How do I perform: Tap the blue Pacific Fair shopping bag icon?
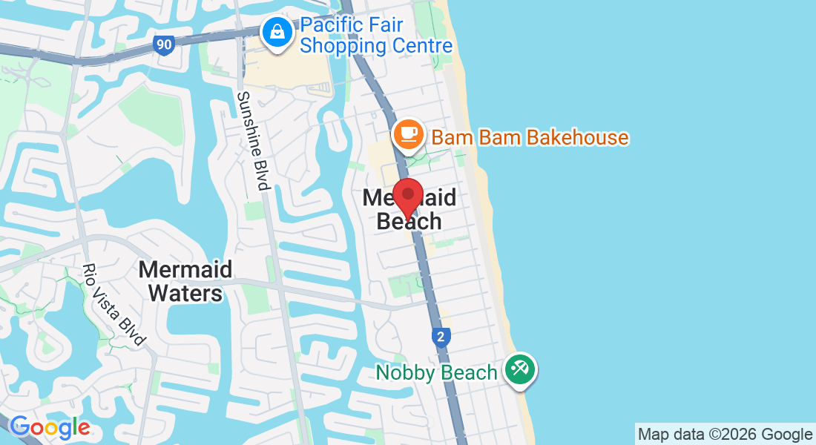(x=277, y=33)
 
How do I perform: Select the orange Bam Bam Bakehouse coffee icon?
(x=407, y=134)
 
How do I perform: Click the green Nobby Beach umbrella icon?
(x=520, y=369)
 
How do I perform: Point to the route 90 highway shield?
(x=164, y=44)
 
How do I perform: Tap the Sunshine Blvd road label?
(x=251, y=140)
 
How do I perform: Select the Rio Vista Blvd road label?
(x=112, y=304)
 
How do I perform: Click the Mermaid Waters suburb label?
(x=185, y=281)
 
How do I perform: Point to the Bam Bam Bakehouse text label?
(x=530, y=137)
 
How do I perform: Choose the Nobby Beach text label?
(x=436, y=372)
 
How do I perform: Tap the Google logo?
(x=50, y=427)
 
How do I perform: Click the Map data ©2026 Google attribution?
(x=725, y=435)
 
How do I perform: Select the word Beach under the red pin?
(x=409, y=221)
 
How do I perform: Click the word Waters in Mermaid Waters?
(x=185, y=293)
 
